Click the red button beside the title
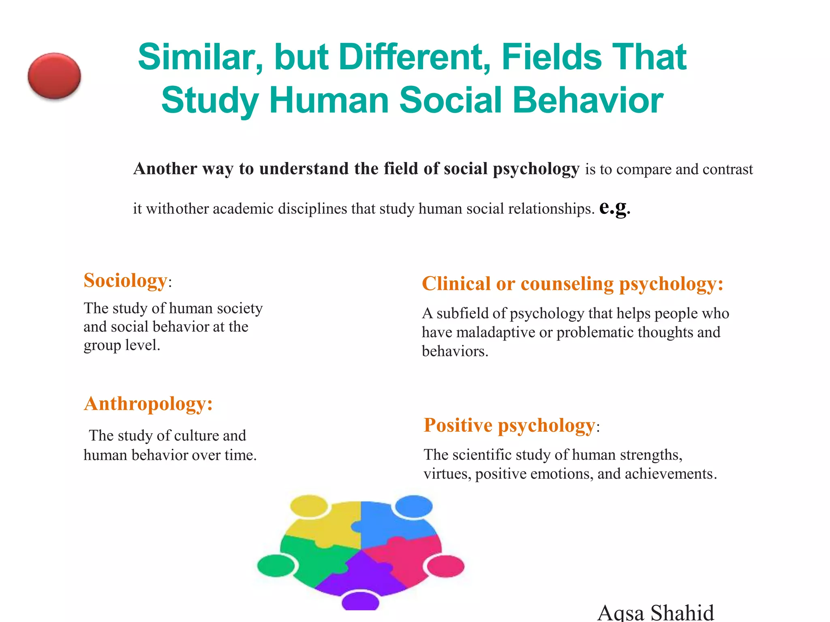(x=54, y=76)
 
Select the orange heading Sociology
(x=125, y=280)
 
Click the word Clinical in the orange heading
(x=456, y=283)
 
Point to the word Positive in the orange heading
(x=458, y=425)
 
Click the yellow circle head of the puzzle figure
(x=309, y=505)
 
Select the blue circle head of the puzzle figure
(x=414, y=506)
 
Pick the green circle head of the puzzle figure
(x=276, y=565)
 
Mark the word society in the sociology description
(x=240, y=309)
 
